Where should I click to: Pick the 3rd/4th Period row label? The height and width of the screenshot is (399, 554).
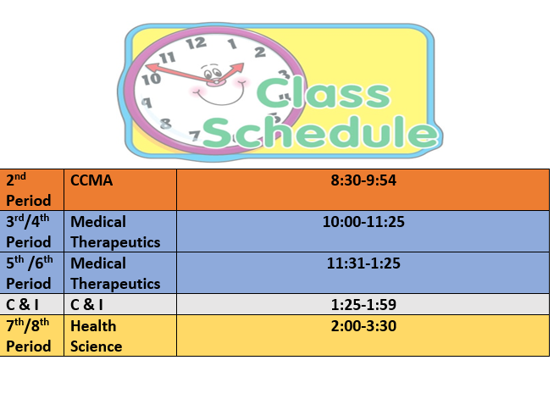point(31,231)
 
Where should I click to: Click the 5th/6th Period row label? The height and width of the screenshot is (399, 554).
point(31,273)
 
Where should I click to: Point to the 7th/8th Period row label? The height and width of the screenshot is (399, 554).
point(31,335)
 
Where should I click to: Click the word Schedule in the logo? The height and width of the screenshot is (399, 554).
point(319,133)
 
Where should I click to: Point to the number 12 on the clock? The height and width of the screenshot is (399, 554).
point(196,42)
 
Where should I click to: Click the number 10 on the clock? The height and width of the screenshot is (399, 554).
point(151,80)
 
